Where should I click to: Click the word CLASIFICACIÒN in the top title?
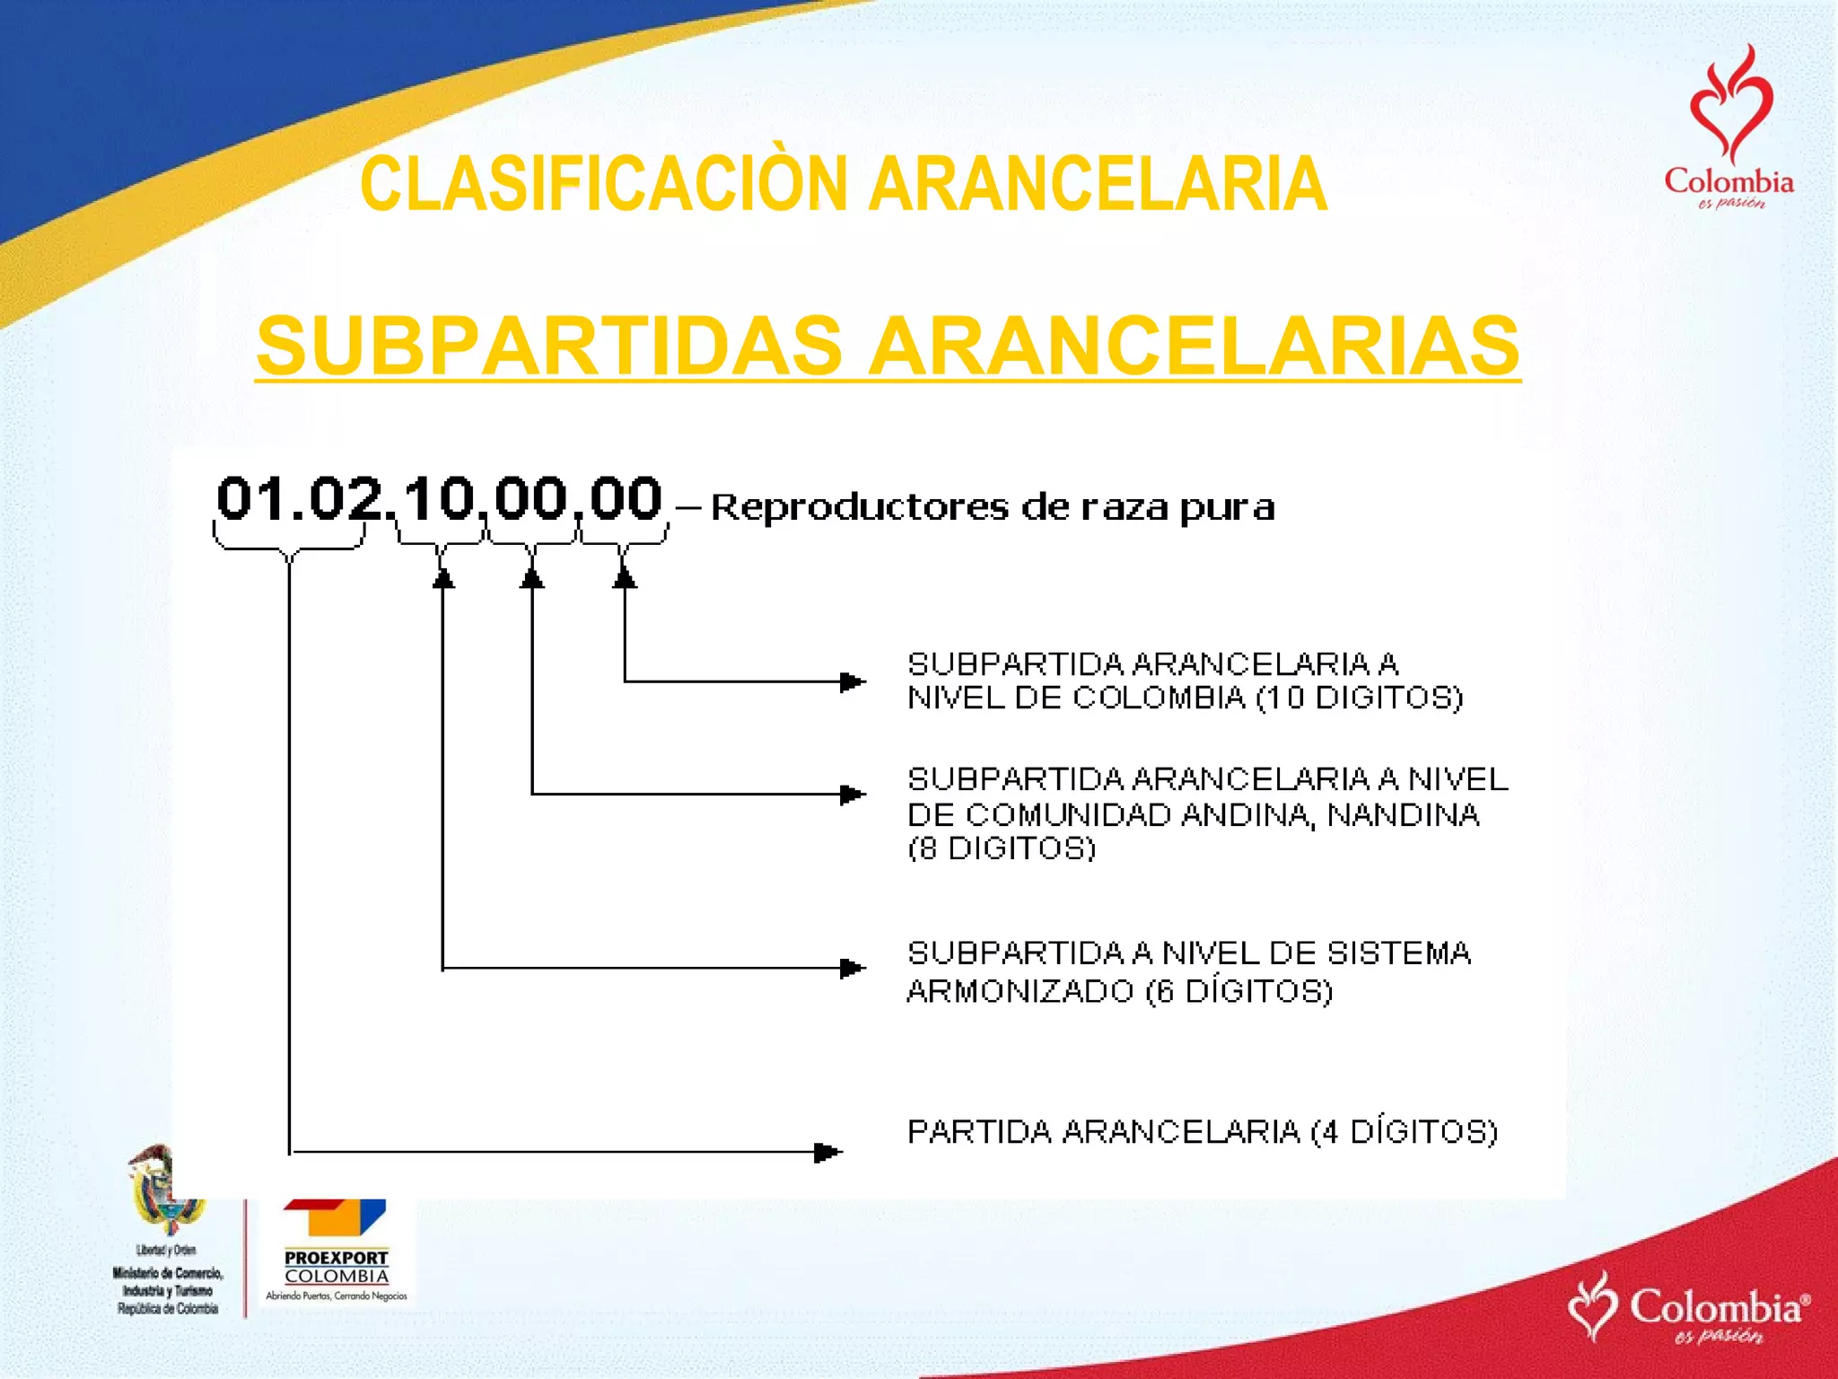coord(603,184)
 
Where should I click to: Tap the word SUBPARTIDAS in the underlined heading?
coord(549,346)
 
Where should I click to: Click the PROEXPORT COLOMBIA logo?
coord(336,1248)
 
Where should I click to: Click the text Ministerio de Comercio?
coord(168,1273)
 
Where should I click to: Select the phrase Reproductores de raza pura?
coord(992,508)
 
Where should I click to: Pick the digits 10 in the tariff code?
coord(439,498)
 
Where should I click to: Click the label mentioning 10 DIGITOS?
coord(1185,681)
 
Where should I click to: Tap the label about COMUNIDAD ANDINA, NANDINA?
coord(1207,812)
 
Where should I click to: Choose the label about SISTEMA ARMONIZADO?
coord(1189,971)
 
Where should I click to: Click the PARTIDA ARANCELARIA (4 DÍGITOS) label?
coord(1203,1132)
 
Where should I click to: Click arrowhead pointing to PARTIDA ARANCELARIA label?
coord(828,1152)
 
